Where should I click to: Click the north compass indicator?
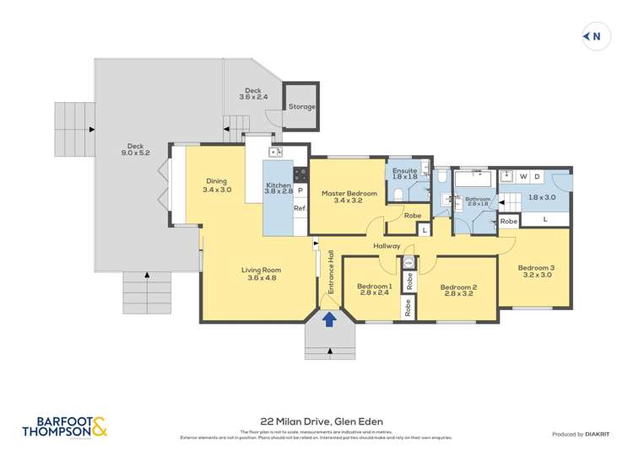(596, 35)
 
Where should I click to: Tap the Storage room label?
(301, 107)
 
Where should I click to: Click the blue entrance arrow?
(329, 319)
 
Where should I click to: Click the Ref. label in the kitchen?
(300, 208)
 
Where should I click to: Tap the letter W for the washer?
(524, 176)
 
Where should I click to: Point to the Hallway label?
(388, 246)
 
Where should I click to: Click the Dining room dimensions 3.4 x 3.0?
(217, 190)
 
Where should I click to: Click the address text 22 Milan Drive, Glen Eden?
(316, 426)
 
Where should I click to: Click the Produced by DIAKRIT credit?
(581, 434)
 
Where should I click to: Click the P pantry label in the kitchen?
(300, 190)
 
